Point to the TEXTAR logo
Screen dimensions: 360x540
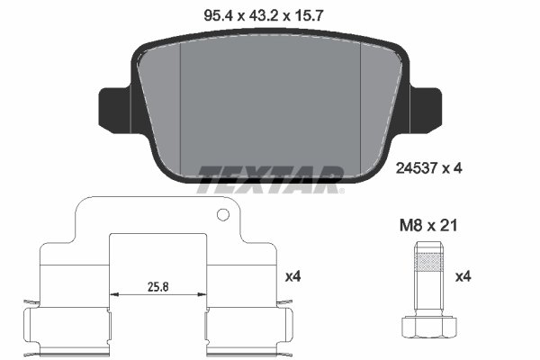point(270,178)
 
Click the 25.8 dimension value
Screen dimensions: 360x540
point(159,288)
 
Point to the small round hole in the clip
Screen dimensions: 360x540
point(221,215)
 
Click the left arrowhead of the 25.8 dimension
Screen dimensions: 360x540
point(112,294)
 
